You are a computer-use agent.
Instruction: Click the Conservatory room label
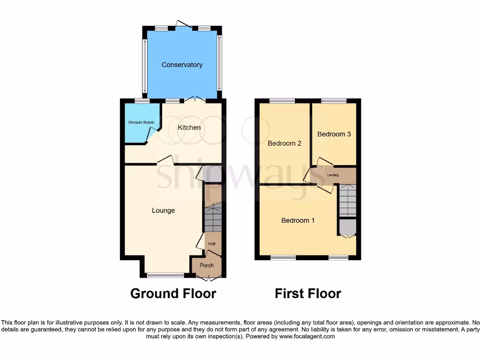[x=182, y=65]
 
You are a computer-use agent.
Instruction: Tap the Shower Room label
[x=141, y=123]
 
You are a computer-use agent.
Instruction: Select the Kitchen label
[x=189, y=127]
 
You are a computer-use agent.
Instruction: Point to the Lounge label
[x=163, y=210]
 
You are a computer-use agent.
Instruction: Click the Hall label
[x=212, y=244]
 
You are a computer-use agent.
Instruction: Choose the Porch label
[x=207, y=265]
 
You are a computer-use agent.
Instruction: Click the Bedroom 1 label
[x=298, y=220]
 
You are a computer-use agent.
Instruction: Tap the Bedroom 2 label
[x=284, y=143]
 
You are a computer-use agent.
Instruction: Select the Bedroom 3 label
[x=334, y=134]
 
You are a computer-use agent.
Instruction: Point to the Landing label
[x=333, y=175]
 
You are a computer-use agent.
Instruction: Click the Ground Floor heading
[x=173, y=294]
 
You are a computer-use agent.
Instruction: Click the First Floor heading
[x=307, y=294]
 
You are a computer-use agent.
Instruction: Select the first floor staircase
[x=347, y=201]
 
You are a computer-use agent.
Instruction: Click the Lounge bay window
[x=165, y=275]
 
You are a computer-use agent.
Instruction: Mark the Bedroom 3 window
[x=334, y=101]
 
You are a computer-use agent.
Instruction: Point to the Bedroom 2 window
[x=282, y=101]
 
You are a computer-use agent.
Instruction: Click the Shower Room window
[x=142, y=101]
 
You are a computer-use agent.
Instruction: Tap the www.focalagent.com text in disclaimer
[x=307, y=336]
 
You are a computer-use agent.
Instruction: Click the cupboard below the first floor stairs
[x=347, y=227]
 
